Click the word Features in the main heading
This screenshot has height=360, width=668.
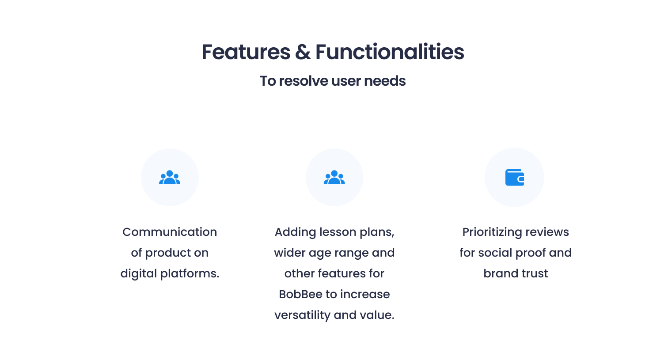coord(246,52)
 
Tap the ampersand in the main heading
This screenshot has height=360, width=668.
coord(303,52)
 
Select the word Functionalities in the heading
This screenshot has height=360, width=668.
coord(390,52)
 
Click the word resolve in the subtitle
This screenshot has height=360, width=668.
coord(303,81)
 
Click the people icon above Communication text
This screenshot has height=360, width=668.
coord(170,177)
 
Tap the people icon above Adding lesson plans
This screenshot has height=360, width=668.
coord(334,177)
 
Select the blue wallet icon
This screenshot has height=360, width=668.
coord(515,178)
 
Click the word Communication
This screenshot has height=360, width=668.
coord(170,232)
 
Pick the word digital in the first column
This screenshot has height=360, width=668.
coord(138,274)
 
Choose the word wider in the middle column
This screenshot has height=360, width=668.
coord(289,253)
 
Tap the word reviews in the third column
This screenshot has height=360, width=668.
coord(547,232)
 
